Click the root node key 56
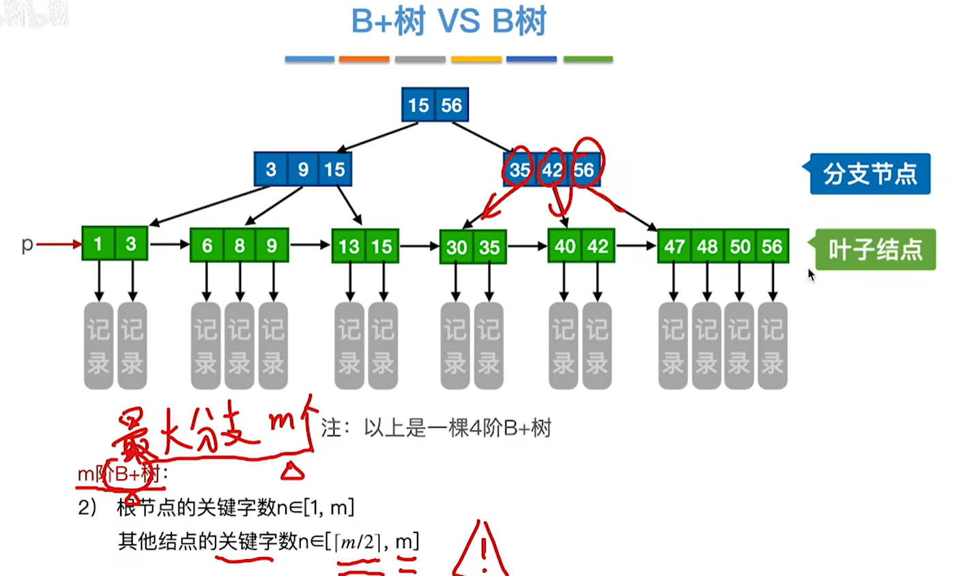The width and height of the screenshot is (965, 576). coord(451,105)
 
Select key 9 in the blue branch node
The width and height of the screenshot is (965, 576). coord(303,169)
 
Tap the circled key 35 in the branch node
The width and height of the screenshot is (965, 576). coord(519,169)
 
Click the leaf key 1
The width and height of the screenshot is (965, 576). coord(98,244)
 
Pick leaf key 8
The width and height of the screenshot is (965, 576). coord(240,246)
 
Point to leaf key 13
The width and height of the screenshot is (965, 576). coord(349,246)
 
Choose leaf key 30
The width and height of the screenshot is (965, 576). coord(457,247)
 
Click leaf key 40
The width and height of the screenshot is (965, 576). coord(565,246)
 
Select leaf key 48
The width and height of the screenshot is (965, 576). coord(707,246)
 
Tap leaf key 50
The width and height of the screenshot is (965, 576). coord(740,246)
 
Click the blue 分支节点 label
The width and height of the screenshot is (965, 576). coord(870,174)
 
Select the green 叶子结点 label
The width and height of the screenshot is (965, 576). coord(876,250)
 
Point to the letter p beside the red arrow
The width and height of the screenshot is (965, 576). coord(27,244)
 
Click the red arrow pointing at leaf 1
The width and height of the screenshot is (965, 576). coord(59,244)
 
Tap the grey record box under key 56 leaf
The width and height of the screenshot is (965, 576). coord(773,345)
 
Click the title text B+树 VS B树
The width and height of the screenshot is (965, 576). coord(448,22)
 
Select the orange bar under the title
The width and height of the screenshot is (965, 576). coord(364,59)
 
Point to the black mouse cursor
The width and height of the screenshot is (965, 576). coord(811,275)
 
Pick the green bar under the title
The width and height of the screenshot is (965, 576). coord(588,59)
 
